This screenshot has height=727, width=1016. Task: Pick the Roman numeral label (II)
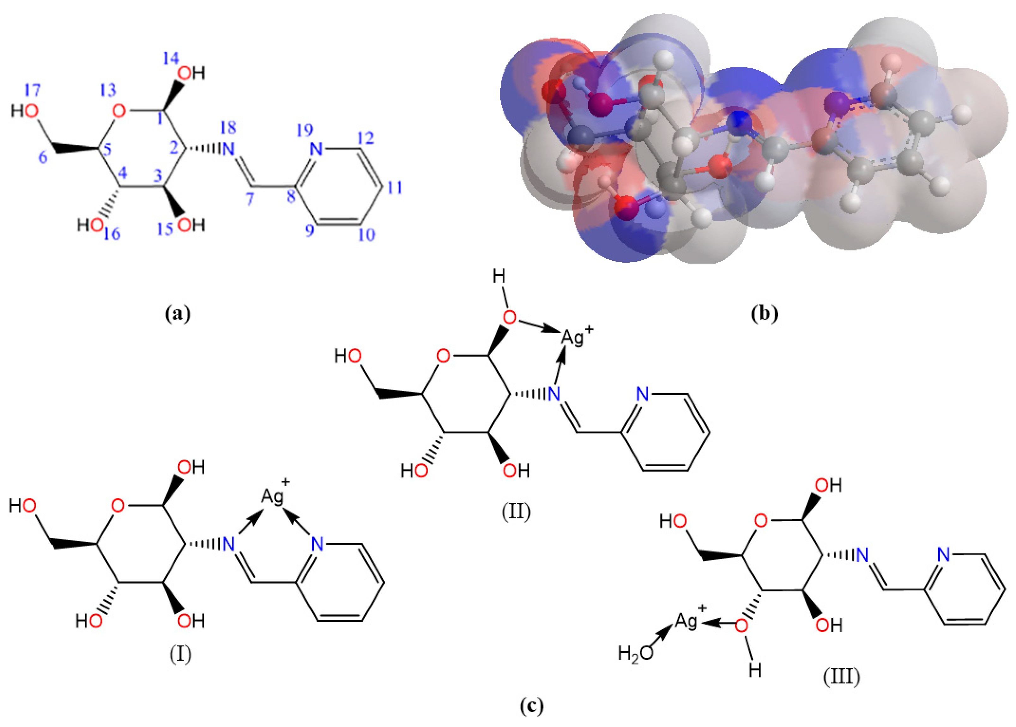(516, 511)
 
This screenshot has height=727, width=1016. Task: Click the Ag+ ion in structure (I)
(274, 496)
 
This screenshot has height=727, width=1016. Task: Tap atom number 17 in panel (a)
(33, 90)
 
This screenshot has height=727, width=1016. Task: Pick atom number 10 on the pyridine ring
(367, 235)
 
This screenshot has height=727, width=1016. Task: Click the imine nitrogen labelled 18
(229, 128)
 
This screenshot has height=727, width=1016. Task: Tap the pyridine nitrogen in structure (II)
(643, 394)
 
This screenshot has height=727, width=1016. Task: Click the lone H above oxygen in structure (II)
(499, 277)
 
